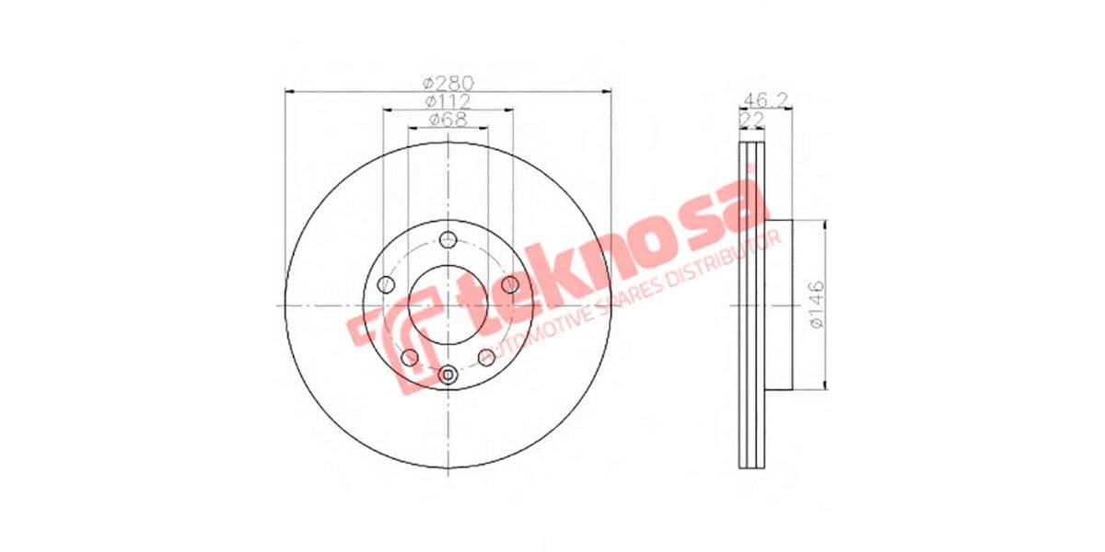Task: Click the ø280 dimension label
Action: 448,82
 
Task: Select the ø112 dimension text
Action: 448,100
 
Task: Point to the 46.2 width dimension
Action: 762,100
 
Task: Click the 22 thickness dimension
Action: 751,120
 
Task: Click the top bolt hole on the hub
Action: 448,240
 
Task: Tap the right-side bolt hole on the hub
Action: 510,283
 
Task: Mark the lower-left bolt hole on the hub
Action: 411,357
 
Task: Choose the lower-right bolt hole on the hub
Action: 485,357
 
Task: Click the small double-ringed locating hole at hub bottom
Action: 448,374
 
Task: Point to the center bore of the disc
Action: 448,305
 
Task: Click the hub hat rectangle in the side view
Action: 778,305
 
